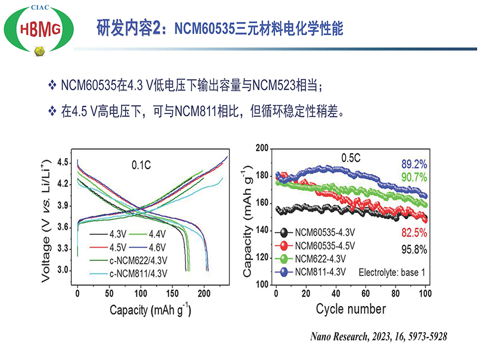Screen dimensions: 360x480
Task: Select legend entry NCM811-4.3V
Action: [320, 272]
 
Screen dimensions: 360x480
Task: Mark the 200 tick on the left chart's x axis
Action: [205, 292]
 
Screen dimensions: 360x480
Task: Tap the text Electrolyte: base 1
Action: [393, 273]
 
